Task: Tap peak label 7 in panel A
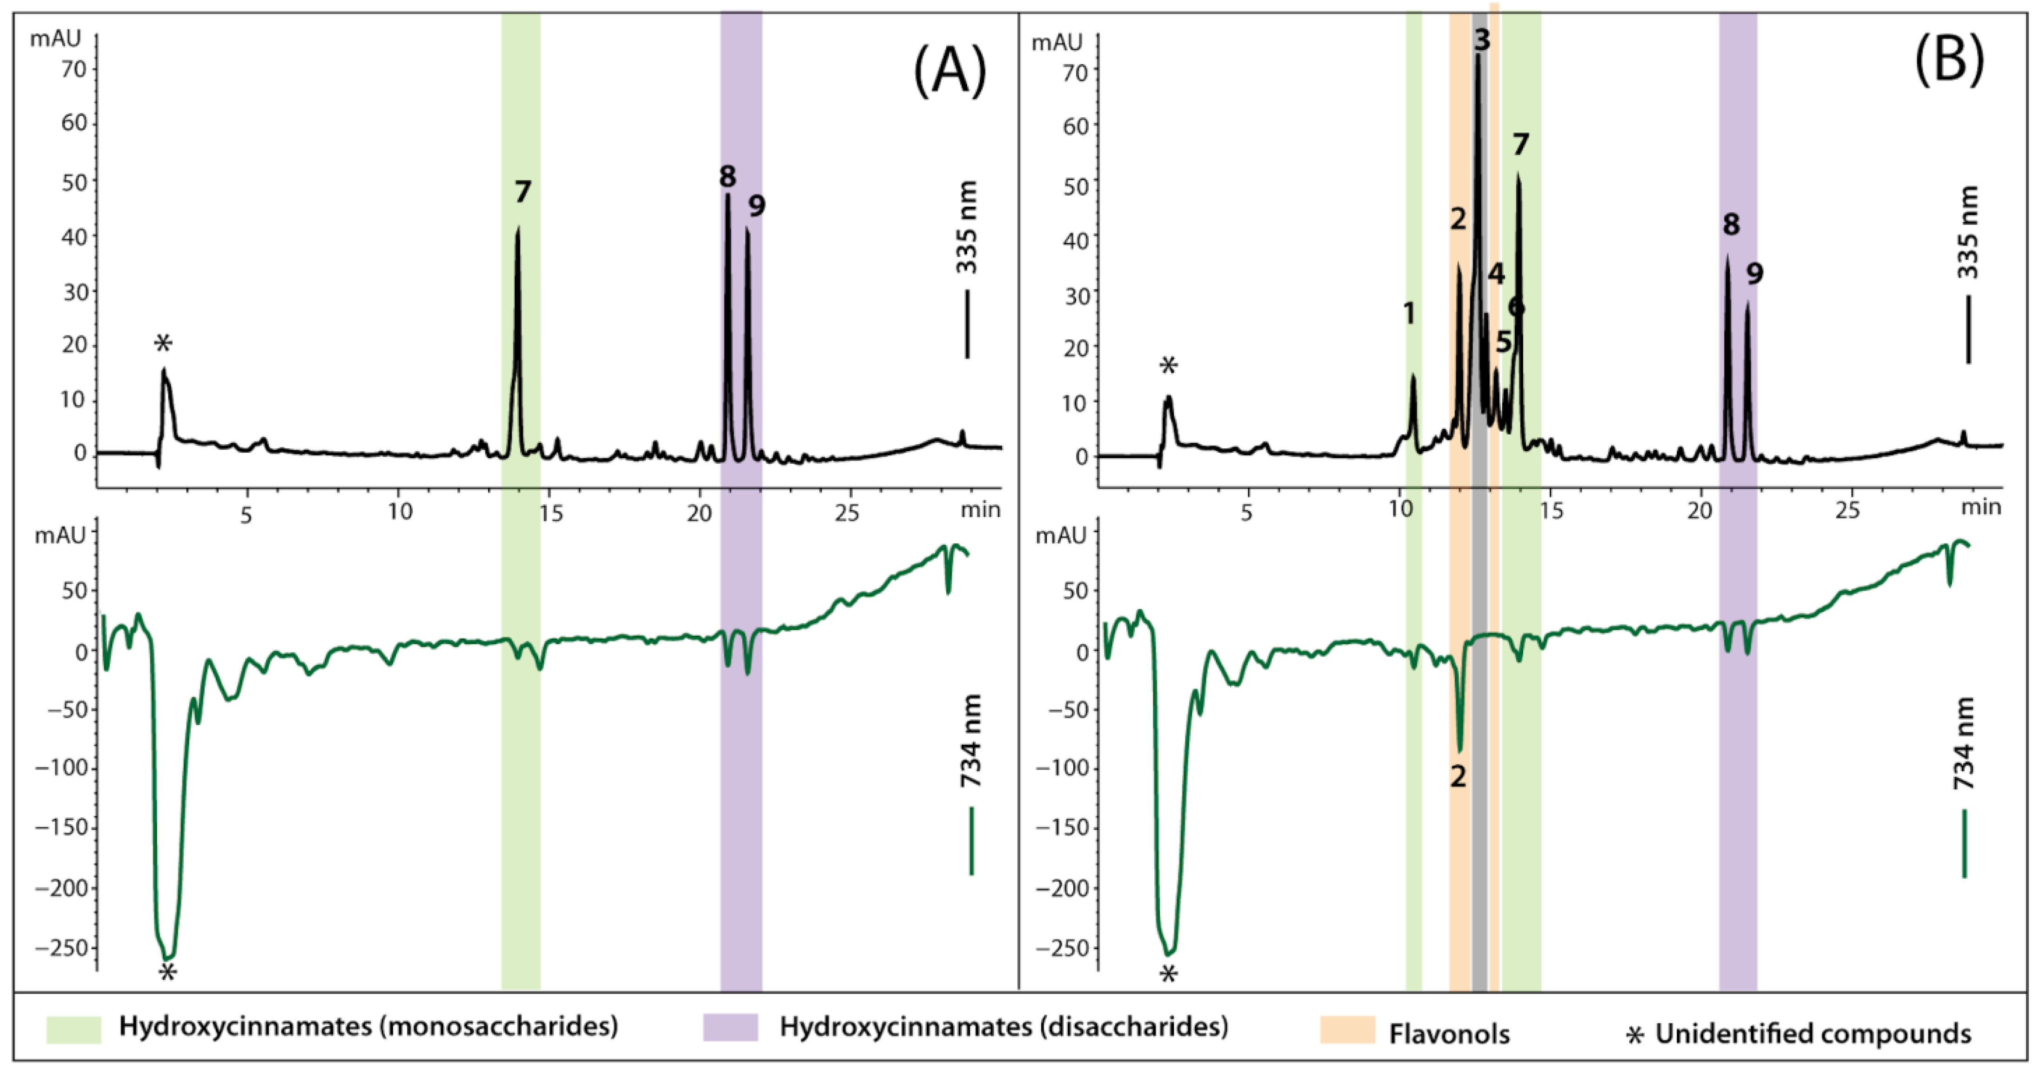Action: [522, 192]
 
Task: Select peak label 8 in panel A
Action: [727, 177]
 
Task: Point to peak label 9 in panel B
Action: [1755, 274]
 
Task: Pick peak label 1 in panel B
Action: [1409, 314]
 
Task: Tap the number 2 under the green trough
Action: [1458, 776]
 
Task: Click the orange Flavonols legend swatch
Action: [1347, 1029]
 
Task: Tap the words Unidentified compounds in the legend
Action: [1813, 1033]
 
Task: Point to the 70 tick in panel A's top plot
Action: [74, 70]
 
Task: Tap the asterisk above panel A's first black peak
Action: [162, 344]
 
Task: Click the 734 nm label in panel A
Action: [970, 741]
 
